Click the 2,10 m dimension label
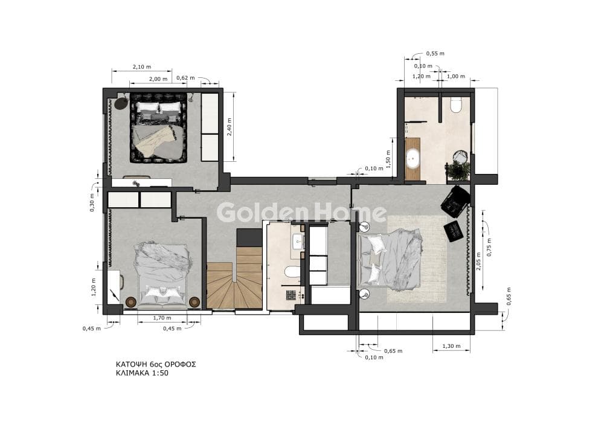pyautogui.click(x=142, y=66)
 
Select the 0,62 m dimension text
pyautogui.click(x=185, y=78)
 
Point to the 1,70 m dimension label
pyautogui.click(x=162, y=318)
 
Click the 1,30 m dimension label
pyautogui.click(x=451, y=346)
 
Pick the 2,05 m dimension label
pyautogui.click(x=478, y=262)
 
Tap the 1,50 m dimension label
pyautogui.click(x=388, y=159)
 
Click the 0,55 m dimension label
pyautogui.click(x=435, y=54)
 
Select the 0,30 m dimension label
pyautogui.click(x=92, y=203)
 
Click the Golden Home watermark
pyautogui.click(x=301, y=213)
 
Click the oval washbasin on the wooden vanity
pyautogui.click(x=413, y=158)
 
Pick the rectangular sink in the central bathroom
pyautogui.click(x=298, y=243)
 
